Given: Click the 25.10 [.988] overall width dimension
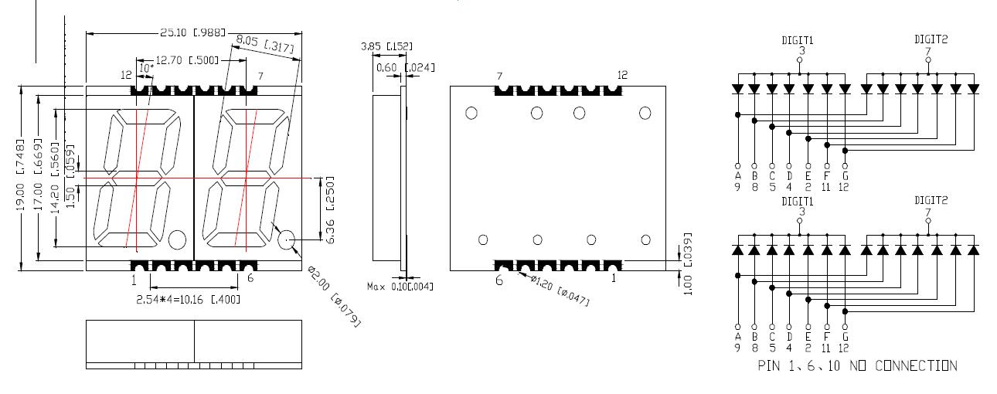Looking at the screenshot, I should click(190, 32).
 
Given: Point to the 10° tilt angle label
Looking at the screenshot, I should click(146, 69).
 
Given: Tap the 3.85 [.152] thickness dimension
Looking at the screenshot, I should click(385, 47).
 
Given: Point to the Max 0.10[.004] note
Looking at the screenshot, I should click(400, 287).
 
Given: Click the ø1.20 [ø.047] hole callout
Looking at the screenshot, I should click(558, 290).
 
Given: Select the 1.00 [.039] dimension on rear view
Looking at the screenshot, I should click(686, 263).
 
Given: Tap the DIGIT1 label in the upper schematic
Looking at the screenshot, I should click(798, 39).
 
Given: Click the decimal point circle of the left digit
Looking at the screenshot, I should click(177, 239).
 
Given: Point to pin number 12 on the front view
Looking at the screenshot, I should click(128, 75).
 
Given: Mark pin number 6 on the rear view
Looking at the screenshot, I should click(499, 280).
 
